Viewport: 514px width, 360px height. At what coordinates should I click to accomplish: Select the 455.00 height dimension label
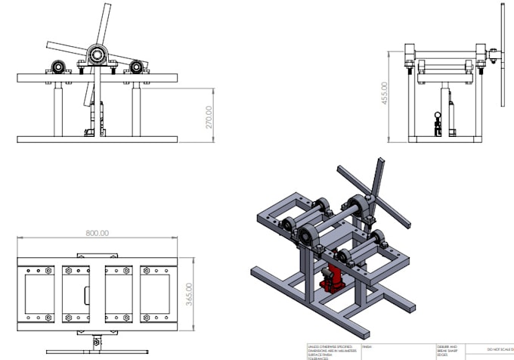tap(385, 93)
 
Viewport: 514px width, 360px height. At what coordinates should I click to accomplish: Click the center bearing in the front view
tap(98, 54)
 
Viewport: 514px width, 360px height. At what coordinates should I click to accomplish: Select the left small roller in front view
tap(58, 66)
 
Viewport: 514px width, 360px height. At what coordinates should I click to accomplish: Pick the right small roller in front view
tap(136, 67)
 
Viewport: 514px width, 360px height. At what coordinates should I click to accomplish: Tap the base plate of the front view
tap(97, 139)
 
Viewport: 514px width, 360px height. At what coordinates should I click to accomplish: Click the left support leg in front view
tap(57, 109)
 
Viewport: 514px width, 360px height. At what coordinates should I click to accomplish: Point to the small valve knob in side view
tap(436, 117)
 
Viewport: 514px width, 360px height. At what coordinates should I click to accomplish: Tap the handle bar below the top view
tap(96, 336)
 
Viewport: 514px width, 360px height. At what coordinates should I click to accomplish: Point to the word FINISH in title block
tap(368, 346)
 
